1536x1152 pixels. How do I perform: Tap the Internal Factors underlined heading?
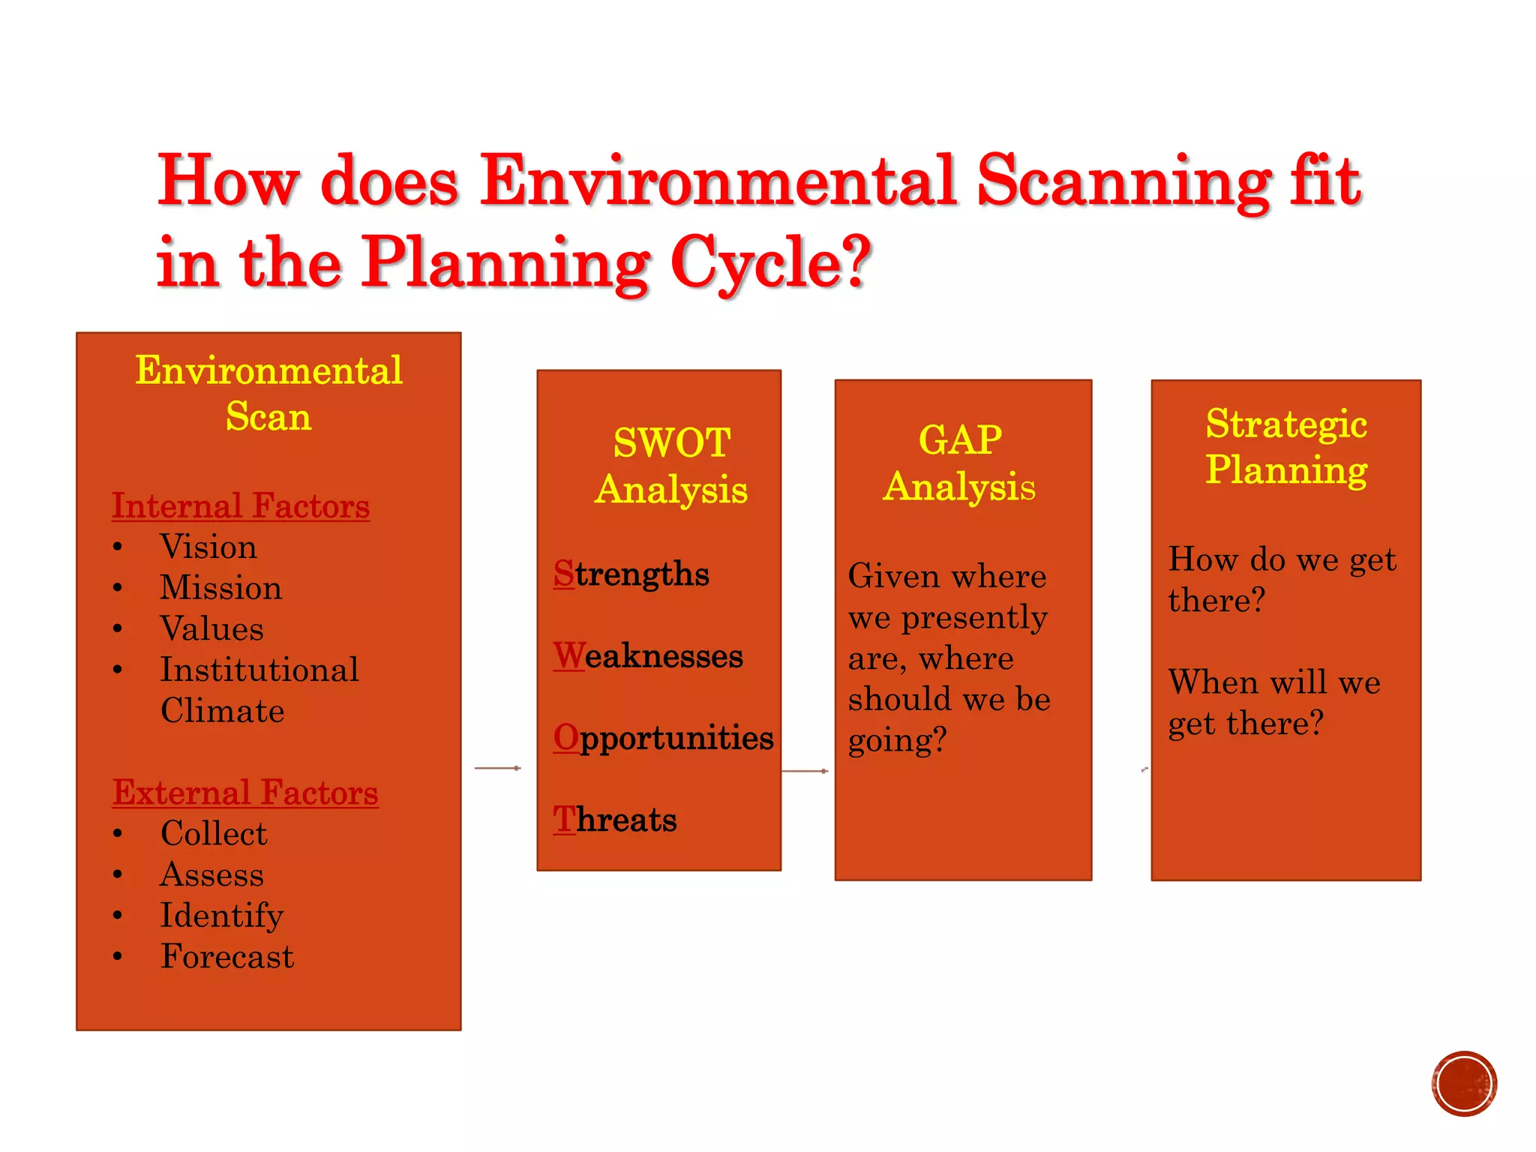(x=241, y=505)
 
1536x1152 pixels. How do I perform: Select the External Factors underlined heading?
(x=245, y=792)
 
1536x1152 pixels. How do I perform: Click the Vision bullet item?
(x=208, y=547)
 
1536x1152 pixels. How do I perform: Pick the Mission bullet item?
(x=221, y=587)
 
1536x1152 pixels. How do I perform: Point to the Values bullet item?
(x=212, y=628)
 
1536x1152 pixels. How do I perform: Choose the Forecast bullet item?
(x=227, y=956)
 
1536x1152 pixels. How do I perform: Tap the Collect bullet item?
(x=214, y=833)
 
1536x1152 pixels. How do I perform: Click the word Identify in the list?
(x=222, y=916)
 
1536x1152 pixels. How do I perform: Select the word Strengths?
(x=631, y=574)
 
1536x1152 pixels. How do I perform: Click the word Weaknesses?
(x=649, y=655)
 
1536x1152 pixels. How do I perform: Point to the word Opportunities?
(x=664, y=738)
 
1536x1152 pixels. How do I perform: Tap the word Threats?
(x=615, y=820)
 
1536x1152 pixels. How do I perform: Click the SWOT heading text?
(x=672, y=442)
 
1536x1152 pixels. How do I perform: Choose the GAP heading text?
(x=961, y=439)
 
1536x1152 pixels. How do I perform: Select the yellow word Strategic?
(x=1286, y=424)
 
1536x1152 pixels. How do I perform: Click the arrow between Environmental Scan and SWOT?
(x=498, y=768)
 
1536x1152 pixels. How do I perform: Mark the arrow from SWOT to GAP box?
(x=805, y=771)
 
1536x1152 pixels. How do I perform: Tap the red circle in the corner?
(x=1464, y=1084)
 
